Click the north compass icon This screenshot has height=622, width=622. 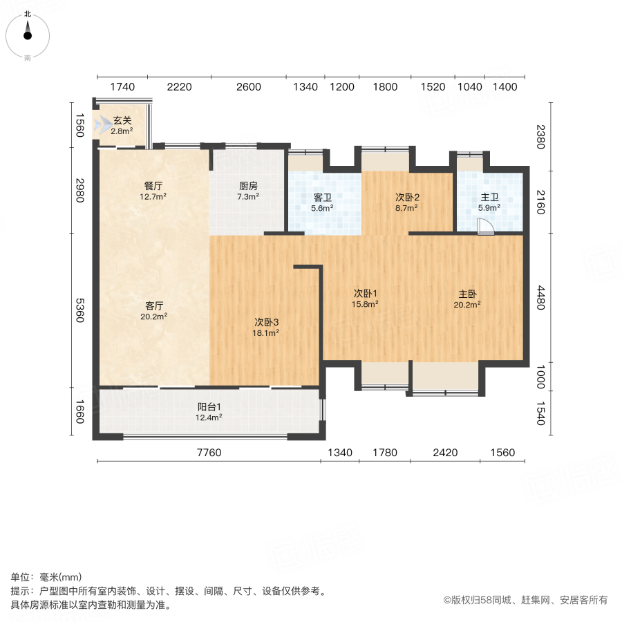click(x=28, y=32)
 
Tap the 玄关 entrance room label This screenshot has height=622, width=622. click(x=122, y=125)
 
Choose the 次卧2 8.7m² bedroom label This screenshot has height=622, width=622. click(x=407, y=201)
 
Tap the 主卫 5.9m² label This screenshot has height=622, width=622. click(x=489, y=201)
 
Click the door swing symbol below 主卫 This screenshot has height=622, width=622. click(x=487, y=229)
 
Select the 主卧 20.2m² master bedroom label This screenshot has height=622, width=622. click(x=467, y=297)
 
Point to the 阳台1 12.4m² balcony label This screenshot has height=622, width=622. click(x=209, y=411)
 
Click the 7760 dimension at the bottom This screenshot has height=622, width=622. click(x=209, y=453)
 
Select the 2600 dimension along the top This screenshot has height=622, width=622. click(x=249, y=87)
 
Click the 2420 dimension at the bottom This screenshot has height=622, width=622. click(x=445, y=453)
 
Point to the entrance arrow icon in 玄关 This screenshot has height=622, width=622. click(x=104, y=125)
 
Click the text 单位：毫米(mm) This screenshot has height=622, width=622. click(x=46, y=578)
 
